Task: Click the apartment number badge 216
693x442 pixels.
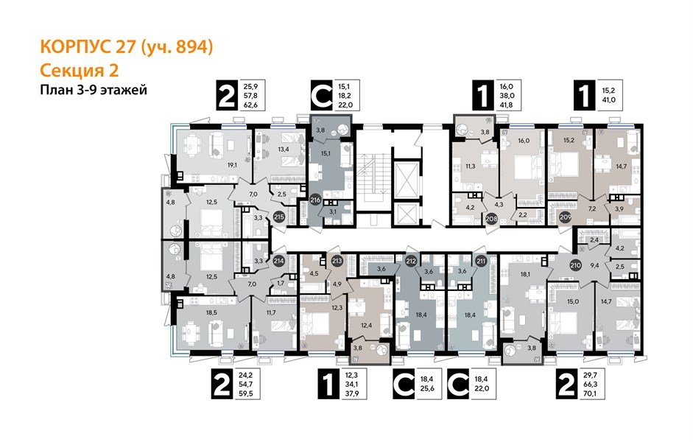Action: click(x=316, y=199)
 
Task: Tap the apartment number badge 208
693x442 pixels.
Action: click(x=493, y=218)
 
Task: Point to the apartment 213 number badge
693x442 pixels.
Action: click(x=337, y=259)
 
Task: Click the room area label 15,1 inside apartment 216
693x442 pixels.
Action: click(x=326, y=154)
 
